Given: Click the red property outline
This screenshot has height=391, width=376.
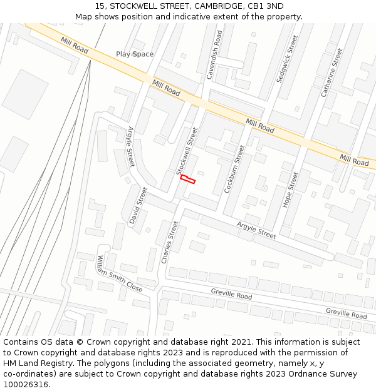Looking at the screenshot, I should pyautogui.click(x=188, y=180).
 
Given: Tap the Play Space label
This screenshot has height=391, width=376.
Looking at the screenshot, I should pyautogui.click(x=135, y=54).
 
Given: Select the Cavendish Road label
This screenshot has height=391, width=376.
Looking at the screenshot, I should pyautogui.click(x=214, y=55).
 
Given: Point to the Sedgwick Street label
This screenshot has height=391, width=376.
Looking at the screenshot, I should pyautogui.click(x=288, y=59).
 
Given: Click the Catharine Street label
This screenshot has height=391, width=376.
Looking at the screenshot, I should pyautogui.click(x=332, y=73).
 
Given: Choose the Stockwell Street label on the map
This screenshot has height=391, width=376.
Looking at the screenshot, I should pyautogui.click(x=187, y=151).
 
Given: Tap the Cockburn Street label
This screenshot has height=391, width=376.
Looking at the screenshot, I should pyautogui.click(x=233, y=168).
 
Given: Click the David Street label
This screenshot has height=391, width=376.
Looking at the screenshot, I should pyautogui.click(x=138, y=205).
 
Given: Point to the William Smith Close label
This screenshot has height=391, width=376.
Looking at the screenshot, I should pyautogui.click(x=120, y=274).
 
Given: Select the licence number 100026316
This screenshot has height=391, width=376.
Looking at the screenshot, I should pyautogui.click(x=26, y=384).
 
